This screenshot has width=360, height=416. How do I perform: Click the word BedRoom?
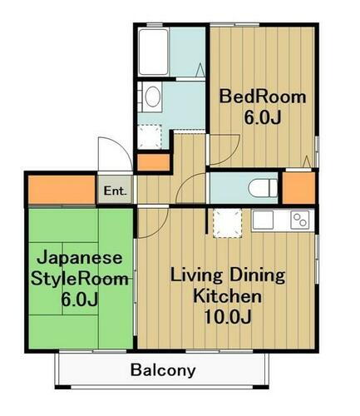tap(262, 97)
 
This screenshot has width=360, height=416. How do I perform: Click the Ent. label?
tap(115, 191)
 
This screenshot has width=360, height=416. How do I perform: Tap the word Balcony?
tap(163, 370)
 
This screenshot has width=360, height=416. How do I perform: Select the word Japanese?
tap(80, 258)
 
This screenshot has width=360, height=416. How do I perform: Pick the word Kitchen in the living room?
tap(228, 295)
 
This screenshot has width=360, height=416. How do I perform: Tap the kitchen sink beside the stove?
tap(264, 221)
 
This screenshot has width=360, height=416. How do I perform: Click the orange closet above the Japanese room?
tap(62, 189)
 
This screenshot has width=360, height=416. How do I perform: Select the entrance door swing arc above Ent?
tap(111, 156)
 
